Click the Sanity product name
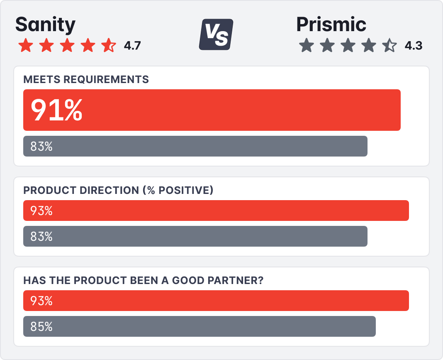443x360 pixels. coord(45,25)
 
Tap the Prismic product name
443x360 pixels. coord(331,25)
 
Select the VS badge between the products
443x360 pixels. coord(216,34)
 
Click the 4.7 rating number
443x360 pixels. coord(132,46)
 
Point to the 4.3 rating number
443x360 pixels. coord(413,46)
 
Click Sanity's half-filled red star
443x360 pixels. coord(109,45)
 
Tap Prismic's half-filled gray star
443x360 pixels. coord(389,46)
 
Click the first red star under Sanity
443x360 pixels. coord(25,45)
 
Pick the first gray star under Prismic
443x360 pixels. coord(306,46)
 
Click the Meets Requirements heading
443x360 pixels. coord(86,79)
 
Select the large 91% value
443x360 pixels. coord(56,110)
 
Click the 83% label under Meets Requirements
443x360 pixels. coord(41,146)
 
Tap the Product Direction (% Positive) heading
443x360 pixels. coord(118,190)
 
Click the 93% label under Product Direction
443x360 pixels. coord(41,211)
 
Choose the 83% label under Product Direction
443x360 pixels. coord(41,236)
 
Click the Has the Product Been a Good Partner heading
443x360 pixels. coord(144,280)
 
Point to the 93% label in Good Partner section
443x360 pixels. coord(41,301)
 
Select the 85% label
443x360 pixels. coord(41,326)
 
